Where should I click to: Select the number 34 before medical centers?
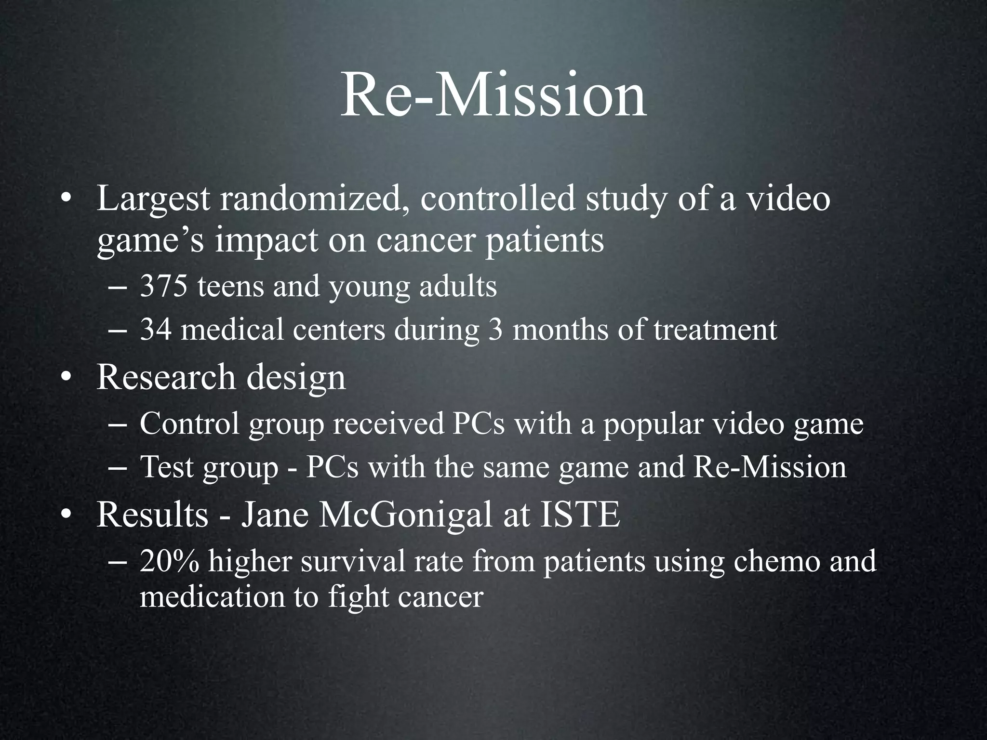click(155, 330)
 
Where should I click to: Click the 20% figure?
click(169, 562)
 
